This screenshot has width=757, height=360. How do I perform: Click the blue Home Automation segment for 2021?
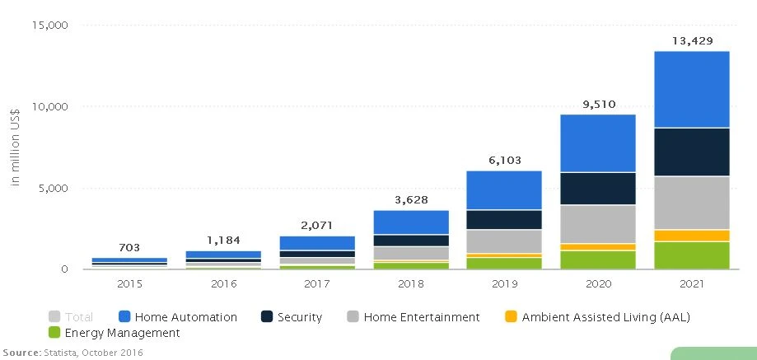click(x=692, y=89)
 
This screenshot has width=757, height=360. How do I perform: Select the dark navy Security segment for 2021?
click(x=692, y=152)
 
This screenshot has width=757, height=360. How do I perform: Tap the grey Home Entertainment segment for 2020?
click(x=598, y=223)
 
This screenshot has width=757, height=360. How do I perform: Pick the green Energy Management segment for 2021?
click(x=692, y=255)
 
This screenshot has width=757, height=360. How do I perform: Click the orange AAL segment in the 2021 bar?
click(x=692, y=236)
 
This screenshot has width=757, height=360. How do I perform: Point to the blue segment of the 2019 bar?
click(x=505, y=189)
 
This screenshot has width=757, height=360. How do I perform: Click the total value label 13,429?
click(x=692, y=40)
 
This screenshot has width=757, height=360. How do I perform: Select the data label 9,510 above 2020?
click(x=598, y=104)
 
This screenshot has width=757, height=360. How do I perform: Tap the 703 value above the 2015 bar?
click(x=129, y=247)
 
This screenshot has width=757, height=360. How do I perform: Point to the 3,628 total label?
click(x=411, y=199)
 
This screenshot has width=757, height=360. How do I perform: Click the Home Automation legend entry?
click(x=185, y=317)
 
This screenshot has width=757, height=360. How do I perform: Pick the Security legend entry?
click(x=299, y=317)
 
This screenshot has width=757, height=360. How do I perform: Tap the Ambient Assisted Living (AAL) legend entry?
click(x=605, y=317)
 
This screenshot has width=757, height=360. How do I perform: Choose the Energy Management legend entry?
click(x=123, y=333)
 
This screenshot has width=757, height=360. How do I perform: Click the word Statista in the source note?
click(x=61, y=353)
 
